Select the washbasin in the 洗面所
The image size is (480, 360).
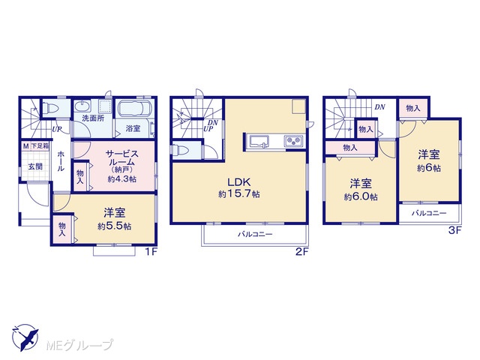click(82, 106)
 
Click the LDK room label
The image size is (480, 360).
click(239, 182)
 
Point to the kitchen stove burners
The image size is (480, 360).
click(293, 140)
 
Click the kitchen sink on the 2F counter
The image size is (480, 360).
click(259, 141)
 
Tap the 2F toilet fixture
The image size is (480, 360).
click(178, 151)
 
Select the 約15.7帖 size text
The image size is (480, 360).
click(239, 193)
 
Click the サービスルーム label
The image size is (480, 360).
click(121, 158)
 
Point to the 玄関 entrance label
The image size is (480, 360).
click(35, 166)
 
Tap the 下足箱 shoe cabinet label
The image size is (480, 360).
click(40, 146)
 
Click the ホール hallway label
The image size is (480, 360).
click(61, 160)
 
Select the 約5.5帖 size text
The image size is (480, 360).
click(115, 226)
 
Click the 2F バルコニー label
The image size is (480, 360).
click(255, 235)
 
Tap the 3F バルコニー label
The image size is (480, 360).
click(428, 213)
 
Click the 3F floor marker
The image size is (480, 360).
click(454, 230)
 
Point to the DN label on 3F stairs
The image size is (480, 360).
click(380, 106)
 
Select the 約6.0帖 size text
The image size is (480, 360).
click(361, 196)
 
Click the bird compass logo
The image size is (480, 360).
click(25, 337)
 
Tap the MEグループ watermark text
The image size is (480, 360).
click(79, 345)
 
